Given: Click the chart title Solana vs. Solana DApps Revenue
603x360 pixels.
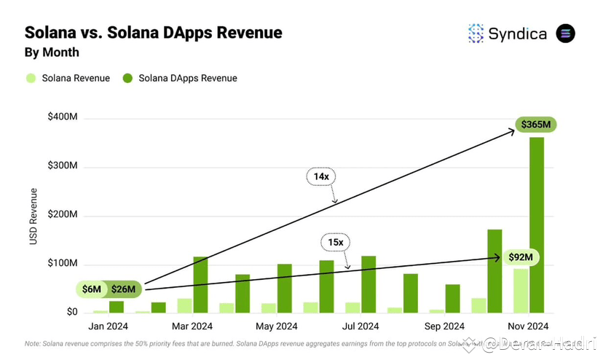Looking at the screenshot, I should click(153, 33).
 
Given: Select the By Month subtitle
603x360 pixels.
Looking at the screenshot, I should click(52, 52).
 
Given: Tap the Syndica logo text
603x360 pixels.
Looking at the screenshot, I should click(517, 34).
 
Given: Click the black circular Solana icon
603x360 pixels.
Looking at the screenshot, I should click(565, 34).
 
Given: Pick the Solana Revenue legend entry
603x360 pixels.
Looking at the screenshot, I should click(68, 78).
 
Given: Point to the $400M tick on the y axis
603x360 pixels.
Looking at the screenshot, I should click(63, 117).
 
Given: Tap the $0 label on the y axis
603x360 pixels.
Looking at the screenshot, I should click(71, 312).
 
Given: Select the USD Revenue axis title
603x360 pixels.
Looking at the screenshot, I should click(33, 216).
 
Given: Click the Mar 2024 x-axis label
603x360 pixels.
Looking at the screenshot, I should click(192, 326).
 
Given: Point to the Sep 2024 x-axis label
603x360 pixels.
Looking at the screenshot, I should click(444, 326).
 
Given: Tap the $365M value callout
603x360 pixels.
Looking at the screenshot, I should click(535, 125).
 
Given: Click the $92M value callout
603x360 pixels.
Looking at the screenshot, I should click(520, 257).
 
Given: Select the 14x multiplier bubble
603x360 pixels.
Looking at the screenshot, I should click(320, 176).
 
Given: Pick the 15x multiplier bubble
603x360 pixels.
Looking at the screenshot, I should click(335, 242).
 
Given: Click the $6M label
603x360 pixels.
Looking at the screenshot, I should click(92, 289).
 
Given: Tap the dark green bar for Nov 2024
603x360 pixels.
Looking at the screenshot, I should click(537, 226).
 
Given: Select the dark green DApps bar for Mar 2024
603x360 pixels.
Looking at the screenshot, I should click(200, 285).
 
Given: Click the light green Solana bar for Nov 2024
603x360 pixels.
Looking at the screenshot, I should click(520, 291).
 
